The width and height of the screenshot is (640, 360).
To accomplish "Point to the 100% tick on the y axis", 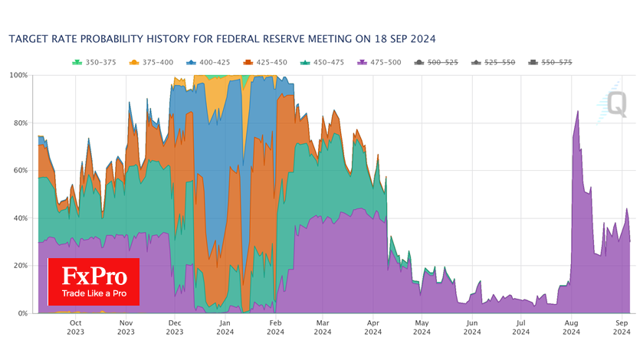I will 18,75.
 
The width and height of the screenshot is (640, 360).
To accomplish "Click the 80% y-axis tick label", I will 20,123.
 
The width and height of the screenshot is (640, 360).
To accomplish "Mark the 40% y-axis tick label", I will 20,218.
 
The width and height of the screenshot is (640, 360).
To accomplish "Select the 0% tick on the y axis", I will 22,313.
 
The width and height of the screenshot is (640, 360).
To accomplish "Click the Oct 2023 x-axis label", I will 75,328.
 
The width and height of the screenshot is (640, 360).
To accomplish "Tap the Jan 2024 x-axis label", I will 225,328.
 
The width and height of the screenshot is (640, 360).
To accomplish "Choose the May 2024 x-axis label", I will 422,328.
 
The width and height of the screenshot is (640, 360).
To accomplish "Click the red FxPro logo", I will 93,281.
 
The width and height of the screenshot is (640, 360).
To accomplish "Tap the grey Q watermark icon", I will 617,103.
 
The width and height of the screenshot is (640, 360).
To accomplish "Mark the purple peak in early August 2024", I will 577,112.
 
